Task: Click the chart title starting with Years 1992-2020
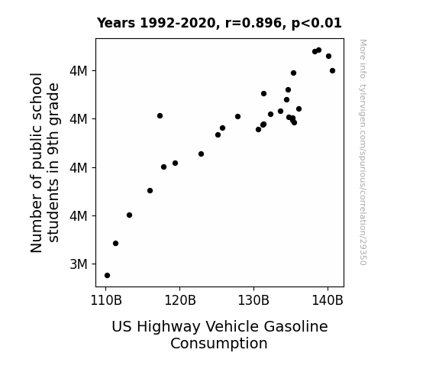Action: (x=219, y=23)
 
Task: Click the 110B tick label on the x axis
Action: (x=106, y=301)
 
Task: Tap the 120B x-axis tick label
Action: (x=180, y=301)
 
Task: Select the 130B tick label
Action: (x=253, y=301)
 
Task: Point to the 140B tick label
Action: (x=328, y=301)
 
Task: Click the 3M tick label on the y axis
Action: (x=79, y=264)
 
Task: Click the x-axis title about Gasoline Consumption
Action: (x=220, y=335)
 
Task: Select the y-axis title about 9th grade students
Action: (x=44, y=163)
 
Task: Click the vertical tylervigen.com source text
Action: (x=363, y=152)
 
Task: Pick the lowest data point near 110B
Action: (x=107, y=276)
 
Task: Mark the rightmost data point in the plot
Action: (x=332, y=70)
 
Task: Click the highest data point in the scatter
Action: (x=318, y=50)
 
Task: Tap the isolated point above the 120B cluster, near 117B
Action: (x=160, y=116)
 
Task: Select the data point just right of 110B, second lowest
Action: (x=115, y=243)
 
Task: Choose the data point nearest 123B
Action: (x=201, y=154)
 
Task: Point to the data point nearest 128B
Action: (x=237, y=117)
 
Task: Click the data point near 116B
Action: (x=150, y=190)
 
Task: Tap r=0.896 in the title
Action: (x=253, y=23)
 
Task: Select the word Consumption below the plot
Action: (x=219, y=344)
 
